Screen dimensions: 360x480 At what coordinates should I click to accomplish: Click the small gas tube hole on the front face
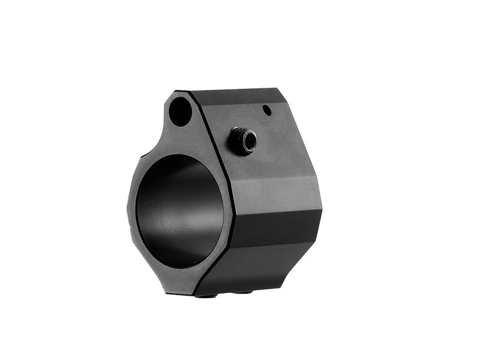(x=180, y=111)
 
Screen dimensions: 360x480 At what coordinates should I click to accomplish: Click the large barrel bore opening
(x=179, y=211)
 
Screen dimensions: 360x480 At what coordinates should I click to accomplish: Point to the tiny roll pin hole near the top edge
(x=267, y=110)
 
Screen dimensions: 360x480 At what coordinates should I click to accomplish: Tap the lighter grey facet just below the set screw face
(x=276, y=192)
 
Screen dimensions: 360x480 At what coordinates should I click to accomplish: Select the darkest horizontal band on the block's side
(x=273, y=228)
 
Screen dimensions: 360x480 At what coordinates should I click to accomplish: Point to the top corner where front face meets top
(x=191, y=92)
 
